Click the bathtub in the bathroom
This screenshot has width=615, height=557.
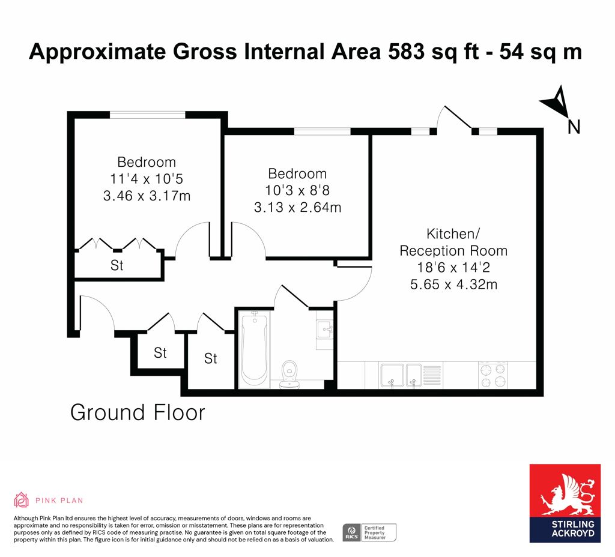pos(254,349)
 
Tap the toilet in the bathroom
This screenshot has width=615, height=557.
pos(289,375)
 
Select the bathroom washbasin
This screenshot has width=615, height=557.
pos(325,330)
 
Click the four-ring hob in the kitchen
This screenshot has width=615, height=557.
pos(493,375)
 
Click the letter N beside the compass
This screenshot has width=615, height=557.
pos(574,127)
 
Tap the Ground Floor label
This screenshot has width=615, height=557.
pos(138,413)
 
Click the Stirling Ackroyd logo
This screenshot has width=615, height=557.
pos(565,504)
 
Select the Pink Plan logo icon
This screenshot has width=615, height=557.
pos(21,500)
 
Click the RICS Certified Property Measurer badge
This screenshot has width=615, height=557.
pos(369,533)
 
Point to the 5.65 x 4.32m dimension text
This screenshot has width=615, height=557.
pos(454,284)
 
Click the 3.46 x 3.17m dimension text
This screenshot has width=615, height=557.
pos(147,195)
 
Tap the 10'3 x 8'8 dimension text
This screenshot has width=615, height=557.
pos(297,190)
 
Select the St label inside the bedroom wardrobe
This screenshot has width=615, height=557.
pos(117,265)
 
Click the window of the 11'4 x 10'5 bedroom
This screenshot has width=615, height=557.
pos(148,115)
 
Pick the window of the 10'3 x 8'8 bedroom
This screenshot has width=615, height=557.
pos(323,131)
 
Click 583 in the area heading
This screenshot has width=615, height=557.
pos(407,52)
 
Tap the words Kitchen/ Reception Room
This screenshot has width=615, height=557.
pos(453,242)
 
